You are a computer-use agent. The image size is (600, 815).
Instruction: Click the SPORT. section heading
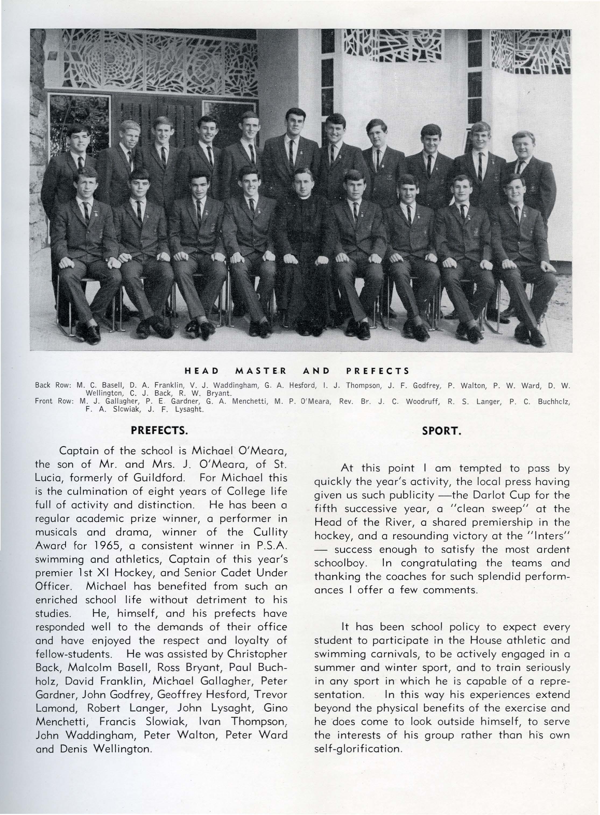point(442,431)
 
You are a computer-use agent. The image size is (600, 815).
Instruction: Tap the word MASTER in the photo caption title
point(261,371)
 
